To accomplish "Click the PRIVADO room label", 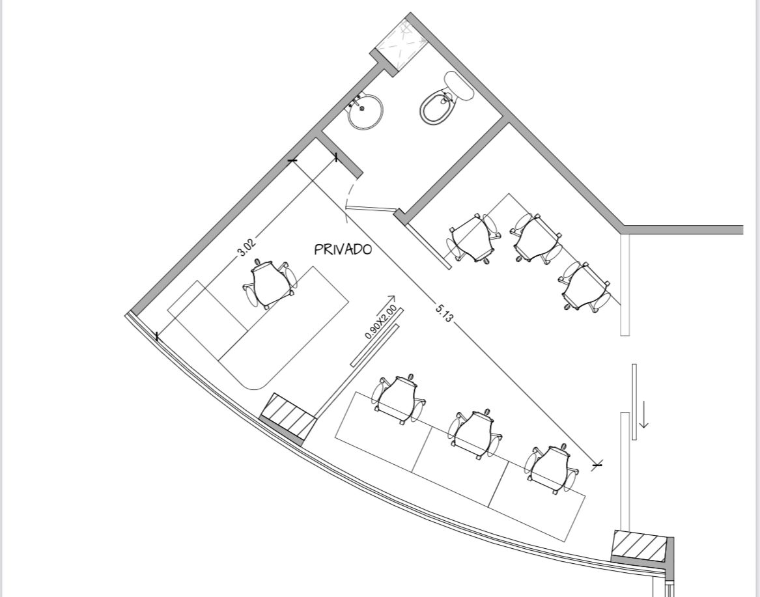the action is coord(343,249).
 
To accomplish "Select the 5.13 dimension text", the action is coord(444,313).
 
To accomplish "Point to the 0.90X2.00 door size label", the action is coord(381,322).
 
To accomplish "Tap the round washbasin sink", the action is coord(365,111).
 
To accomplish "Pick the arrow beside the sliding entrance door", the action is coord(643,414).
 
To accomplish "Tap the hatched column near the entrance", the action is coord(640,544).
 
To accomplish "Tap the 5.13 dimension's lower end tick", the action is coord(597,465).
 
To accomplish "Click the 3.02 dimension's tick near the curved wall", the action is coord(156,337).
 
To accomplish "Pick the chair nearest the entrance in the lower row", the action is coord(552,468).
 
